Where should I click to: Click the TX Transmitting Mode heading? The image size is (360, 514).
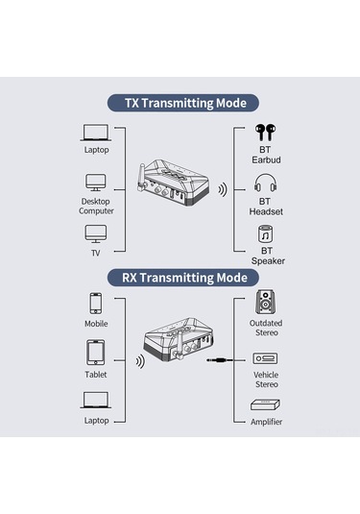[180, 103]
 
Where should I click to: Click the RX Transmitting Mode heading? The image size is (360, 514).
[180, 278]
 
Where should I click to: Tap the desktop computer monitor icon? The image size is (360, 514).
[96, 181]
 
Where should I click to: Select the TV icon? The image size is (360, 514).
[96, 233]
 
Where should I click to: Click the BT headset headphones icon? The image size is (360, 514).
[266, 183]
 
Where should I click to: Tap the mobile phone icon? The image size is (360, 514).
[96, 303]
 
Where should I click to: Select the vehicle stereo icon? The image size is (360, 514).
[266, 358]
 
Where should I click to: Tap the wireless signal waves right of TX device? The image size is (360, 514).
[222, 189]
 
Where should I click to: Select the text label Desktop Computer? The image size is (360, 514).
[96, 206]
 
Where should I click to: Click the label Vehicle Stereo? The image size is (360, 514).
[266, 379]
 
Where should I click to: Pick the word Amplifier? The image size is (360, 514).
[266, 421]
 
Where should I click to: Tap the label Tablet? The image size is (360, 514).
[96, 375]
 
